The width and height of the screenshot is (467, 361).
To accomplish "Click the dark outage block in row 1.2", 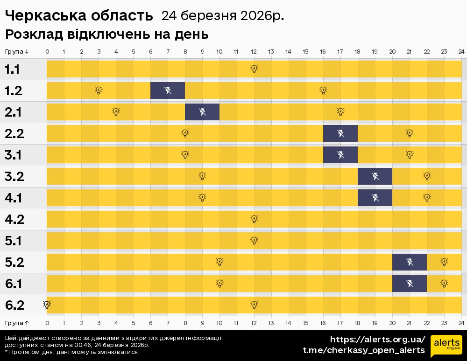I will tap(168, 90).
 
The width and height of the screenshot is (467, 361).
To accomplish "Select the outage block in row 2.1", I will tap(202, 112).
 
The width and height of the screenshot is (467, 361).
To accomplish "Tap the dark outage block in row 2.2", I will tap(340, 133).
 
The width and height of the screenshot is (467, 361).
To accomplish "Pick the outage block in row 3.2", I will tap(375, 176).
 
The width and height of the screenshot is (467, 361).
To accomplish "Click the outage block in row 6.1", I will tap(410, 284).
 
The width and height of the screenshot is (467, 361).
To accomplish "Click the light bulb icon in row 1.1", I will tap(254, 69).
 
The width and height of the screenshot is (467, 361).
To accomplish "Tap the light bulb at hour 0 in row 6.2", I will tap(47, 305).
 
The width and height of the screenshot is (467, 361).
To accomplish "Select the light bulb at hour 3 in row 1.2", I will tap(99, 90).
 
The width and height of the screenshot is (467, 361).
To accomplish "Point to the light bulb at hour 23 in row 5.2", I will tap(444, 262).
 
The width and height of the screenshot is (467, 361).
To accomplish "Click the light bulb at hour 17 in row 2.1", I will tap(340, 111).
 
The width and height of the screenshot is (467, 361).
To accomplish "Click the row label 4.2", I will tap(14, 219).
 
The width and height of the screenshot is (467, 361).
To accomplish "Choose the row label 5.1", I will tap(14, 241).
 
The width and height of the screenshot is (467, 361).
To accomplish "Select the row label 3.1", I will tap(14, 155).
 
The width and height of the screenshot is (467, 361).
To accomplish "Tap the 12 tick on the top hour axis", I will tap(254, 51).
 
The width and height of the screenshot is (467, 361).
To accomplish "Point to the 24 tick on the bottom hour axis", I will tap(461, 323).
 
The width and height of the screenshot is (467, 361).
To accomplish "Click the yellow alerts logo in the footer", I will tap(446, 346).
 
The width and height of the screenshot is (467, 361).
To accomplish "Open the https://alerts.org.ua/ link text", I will tap(377, 339).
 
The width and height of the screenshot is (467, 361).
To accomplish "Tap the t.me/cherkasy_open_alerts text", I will tap(364, 350).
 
